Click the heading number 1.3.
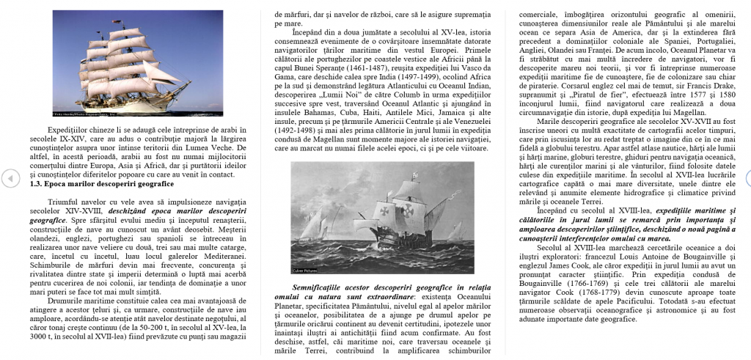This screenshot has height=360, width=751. coord(36,185)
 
